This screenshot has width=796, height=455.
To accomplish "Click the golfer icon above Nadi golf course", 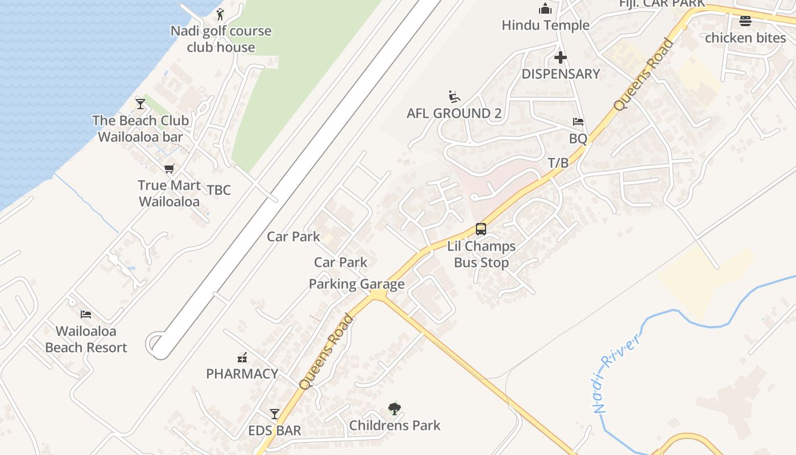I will coord(221,14).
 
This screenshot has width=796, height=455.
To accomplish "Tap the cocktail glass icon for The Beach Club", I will coord(140,104).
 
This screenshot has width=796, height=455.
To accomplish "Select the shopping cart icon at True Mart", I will coord(169,168).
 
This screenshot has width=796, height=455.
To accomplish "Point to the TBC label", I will coord(219,190).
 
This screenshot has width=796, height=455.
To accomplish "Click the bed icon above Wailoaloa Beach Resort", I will coord(86,314).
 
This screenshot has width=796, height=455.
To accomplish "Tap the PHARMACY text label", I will coord(242,374).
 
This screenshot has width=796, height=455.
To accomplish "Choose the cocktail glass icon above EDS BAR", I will coord(275,413).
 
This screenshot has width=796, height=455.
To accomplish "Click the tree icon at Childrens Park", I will coord(395,408).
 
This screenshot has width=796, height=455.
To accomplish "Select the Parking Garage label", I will coord(356,284).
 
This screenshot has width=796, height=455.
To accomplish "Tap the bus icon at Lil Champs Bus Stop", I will coord(481,229).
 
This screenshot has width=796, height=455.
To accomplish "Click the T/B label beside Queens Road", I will coord(558,163).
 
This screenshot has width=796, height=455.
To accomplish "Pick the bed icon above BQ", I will coord(578,122).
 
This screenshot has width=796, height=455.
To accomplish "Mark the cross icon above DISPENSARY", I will coord(561,57).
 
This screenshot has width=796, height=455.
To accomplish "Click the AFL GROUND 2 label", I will coord(454,113).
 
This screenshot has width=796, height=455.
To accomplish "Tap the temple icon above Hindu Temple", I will coord(545,9).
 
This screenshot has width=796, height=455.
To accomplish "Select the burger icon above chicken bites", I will coord(745,22).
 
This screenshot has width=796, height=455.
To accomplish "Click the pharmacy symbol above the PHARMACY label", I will coord(242,357).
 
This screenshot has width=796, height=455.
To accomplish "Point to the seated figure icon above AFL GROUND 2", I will coord(454,97).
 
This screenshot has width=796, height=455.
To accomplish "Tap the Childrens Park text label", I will coord(395,425).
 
